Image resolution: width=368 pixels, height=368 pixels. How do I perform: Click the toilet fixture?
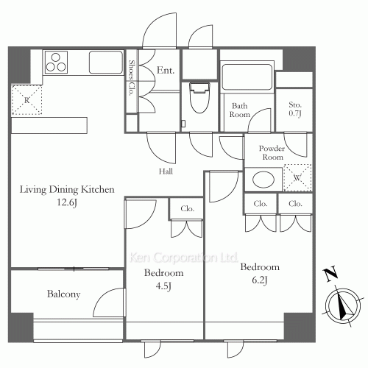(199, 98)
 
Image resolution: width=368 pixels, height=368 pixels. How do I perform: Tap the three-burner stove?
(56, 63)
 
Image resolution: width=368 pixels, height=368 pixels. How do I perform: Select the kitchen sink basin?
(106, 62)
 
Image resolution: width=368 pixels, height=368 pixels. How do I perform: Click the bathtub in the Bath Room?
(247, 77)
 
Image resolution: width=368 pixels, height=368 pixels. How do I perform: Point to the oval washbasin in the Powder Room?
(263, 180)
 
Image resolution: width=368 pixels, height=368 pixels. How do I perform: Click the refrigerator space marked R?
(26, 99)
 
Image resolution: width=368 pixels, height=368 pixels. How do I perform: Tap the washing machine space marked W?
(297, 177)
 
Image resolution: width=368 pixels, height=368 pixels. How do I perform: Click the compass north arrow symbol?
(343, 305)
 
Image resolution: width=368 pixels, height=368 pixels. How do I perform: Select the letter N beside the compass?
(330, 275)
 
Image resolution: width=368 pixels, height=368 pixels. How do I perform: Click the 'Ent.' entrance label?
(166, 71)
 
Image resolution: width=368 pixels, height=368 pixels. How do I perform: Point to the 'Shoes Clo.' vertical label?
(132, 78)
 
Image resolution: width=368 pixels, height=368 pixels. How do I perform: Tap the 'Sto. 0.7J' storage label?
(295, 109)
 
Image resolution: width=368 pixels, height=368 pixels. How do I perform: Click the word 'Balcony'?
(64, 294)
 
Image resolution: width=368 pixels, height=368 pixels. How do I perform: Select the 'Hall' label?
(166, 171)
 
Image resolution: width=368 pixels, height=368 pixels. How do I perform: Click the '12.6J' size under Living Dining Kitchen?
(67, 202)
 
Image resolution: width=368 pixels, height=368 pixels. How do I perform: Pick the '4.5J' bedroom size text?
(163, 286)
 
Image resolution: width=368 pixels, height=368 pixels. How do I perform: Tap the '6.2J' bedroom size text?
(260, 280)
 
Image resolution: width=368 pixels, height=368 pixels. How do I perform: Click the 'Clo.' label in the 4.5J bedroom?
(188, 208)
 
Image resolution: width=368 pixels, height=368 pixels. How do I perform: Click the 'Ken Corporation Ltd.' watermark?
(183, 258)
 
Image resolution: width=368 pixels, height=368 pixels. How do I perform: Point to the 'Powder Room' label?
(272, 152)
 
